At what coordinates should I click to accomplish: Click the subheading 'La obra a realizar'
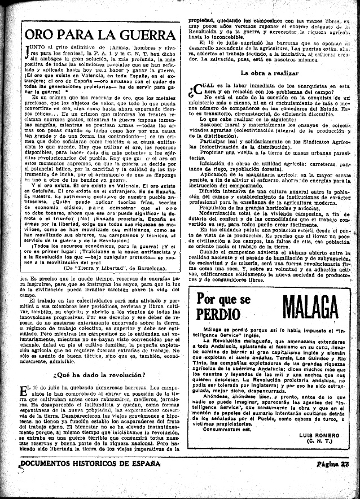(269, 73)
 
